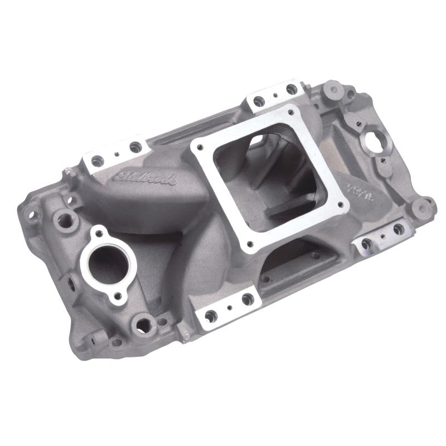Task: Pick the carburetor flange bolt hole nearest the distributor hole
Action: coord(294,109)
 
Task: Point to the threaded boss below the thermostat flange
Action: coord(143,323)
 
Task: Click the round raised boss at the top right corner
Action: coord(333,88)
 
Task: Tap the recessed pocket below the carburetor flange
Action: coord(298,262)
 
